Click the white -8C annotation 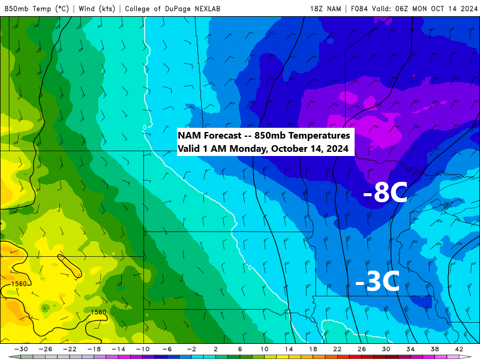[x=385, y=193]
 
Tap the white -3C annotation [x=377, y=282]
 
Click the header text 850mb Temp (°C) [x=37, y=8]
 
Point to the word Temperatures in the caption [x=319, y=136]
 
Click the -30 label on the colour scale [x=22, y=349]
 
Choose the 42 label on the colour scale [x=459, y=349]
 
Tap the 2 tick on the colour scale [x=215, y=349]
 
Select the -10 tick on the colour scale [x=143, y=349]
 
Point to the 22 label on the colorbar [x=337, y=349]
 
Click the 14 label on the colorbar [x=289, y=349]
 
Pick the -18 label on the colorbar [x=94, y=349]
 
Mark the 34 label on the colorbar [x=410, y=349]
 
